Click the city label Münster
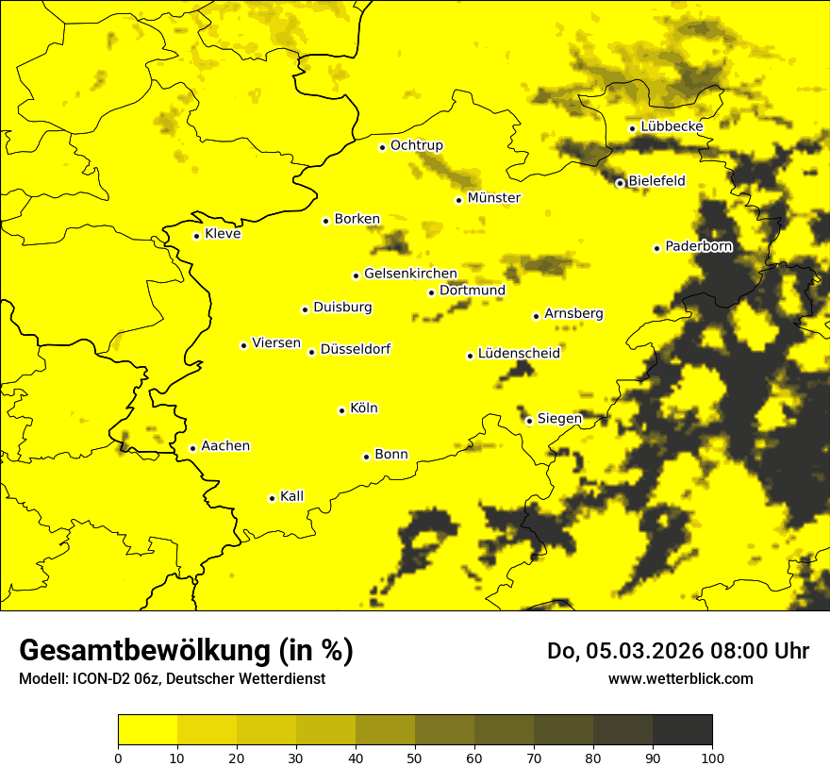[x=493, y=198]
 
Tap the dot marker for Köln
[x=342, y=410]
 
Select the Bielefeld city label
[x=656, y=181]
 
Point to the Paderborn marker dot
[x=656, y=248]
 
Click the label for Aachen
[x=225, y=446]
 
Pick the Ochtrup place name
[x=416, y=145]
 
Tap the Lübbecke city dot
[x=632, y=128]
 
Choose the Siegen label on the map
[x=559, y=419]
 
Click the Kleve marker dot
[x=196, y=236]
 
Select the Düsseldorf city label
[x=355, y=349]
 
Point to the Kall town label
[x=291, y=496]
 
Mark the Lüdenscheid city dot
[x=470, y=356]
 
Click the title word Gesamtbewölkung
[x=146, y=651]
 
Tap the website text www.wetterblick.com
[x=680, y=678]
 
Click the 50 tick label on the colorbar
[x=415, y=758]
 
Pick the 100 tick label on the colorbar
[x=712, y=758]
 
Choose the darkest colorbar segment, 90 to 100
[x=682, y=730]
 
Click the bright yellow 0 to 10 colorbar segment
[x=148, y=730]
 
